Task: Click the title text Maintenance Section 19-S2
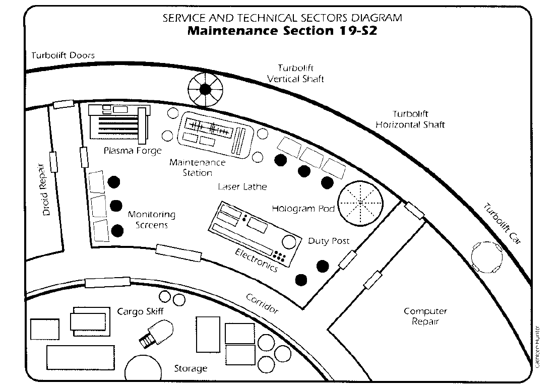point(282,31)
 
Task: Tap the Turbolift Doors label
point(63,55)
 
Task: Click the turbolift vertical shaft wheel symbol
point(205,90)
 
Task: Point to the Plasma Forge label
point(133,151)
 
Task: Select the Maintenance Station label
point(198,167)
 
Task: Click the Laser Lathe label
point(242,187)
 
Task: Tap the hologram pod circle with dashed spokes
point(360,203)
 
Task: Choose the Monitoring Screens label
point(152,220)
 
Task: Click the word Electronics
point(257,260)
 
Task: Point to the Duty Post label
point(329,241)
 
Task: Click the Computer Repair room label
point(425,316)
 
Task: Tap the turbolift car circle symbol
point(486,256)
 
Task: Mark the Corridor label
point(262,303)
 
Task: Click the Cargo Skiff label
point(140,311)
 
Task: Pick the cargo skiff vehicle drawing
point(156,334)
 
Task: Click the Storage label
point(191,368)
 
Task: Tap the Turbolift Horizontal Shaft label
point(410,119)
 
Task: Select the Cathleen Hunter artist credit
point(537,347)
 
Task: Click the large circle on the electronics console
point(289,242)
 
